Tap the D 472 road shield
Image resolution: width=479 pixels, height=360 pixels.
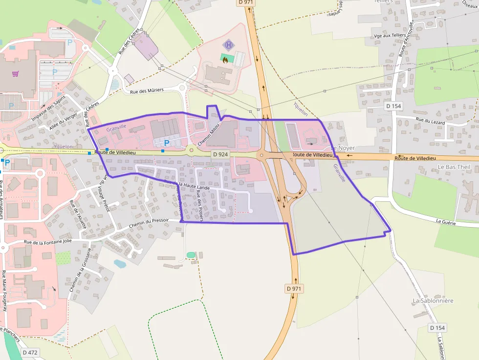tap(30, 352)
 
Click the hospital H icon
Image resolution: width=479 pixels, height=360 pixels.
tap(228, 45)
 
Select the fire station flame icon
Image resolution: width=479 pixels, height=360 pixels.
tap(225, 60)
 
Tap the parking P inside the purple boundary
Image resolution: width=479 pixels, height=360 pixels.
tap(167, 143)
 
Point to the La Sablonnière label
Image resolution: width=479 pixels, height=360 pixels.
tap(433, 301)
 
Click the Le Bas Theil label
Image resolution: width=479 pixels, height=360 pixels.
tap(454, 167)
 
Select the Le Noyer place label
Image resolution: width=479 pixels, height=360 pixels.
tap(343, 148)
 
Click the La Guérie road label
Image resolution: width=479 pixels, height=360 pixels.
tap(446, 222)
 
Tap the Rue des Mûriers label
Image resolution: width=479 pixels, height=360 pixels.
tap(147, 90)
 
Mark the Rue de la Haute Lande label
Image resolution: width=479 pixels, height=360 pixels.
tap(187, 185)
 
